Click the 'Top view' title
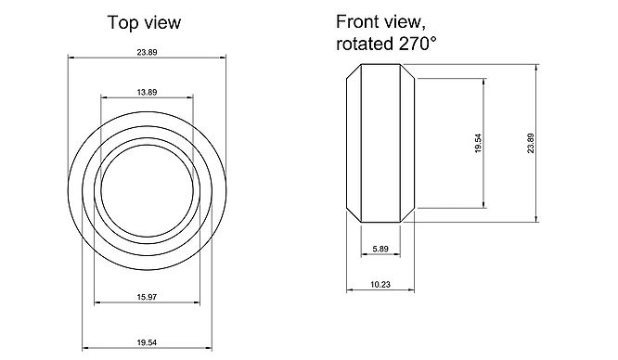pyautogui.click(x=144, y=22)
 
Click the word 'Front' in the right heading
pyautogui.click(x=354, y=21)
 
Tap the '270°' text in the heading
pyautogui.click(x=418, y=43)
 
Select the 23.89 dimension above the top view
pyautogui.click(x=147, y=52)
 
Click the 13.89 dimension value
pyautogui.click(x=147, y=92)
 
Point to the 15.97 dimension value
pyautogui.click(x=147, y=297)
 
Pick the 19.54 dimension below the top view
pyautogui.click(x=147, y=342)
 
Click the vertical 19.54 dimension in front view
pyautogui.click(x=478, y=143)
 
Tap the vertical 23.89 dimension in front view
pyautogui.click(x=531, y=143)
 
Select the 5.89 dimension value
pyautogui.click(x=380, y=249)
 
